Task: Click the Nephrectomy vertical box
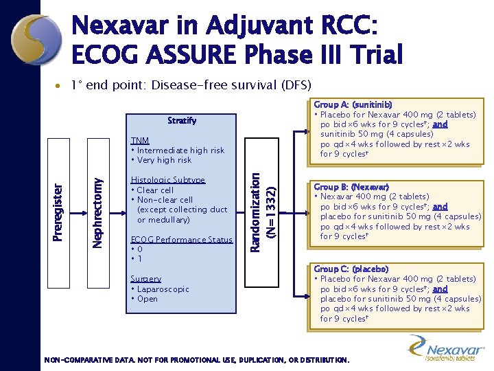tap(99, 212)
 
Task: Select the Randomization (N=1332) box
tap(263, 212)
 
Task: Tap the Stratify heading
tap(182, 120)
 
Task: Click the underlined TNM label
tap(140, 140)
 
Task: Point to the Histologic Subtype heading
tap(167, 180)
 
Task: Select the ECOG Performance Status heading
tap(181, 239)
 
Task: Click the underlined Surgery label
tap(145, 279)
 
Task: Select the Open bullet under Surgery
tap(147, 299)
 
